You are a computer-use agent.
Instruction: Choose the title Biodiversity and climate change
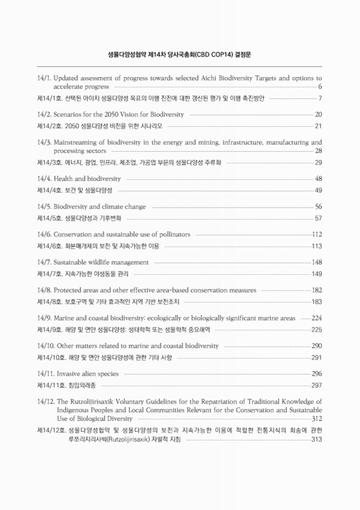[101, 207]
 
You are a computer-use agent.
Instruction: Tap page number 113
[316, 245]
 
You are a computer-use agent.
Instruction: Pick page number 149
[316, 273]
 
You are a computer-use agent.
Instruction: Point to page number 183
[316, 301]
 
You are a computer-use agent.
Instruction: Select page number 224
[316, 317]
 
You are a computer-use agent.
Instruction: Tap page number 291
[316, 356]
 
